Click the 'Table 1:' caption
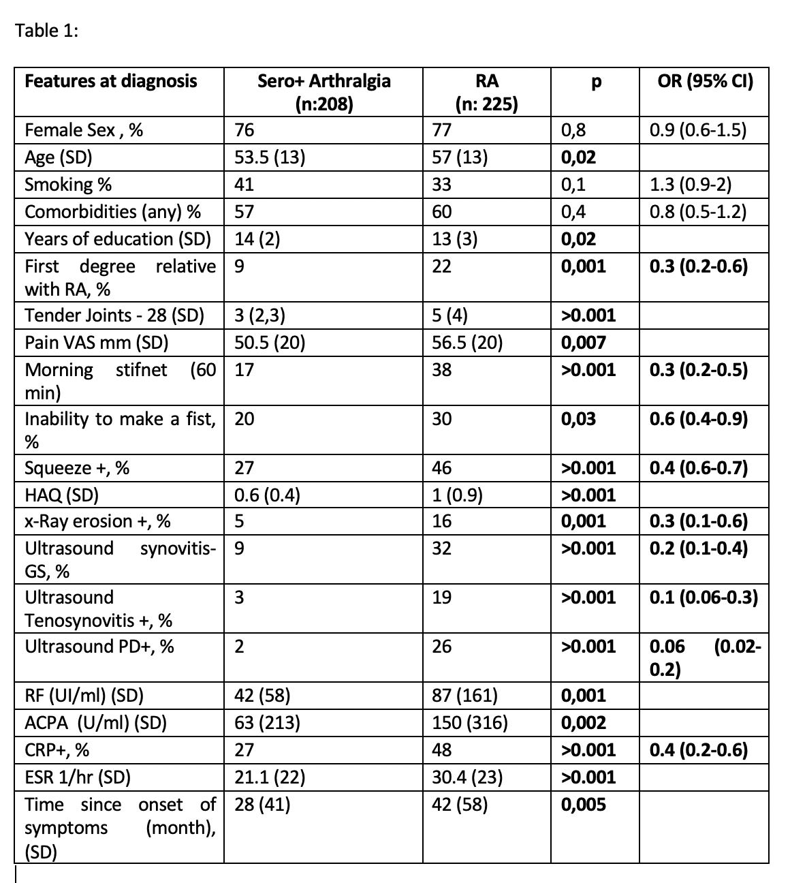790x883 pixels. (47, 31)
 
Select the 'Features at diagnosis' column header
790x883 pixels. (110, 82)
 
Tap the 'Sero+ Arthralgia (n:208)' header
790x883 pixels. (323, 92)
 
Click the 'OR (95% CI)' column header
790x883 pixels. (705, 82)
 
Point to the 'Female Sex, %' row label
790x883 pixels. (84, 130)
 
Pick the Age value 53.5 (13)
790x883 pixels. (270, 157)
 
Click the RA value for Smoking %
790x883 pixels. (441, 185)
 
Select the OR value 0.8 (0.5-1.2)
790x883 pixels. (698, 212)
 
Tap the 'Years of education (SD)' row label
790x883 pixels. (117, 239)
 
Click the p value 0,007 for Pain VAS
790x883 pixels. (583, 342)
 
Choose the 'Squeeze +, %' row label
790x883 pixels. (77, 468)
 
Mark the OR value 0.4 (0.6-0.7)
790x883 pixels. (698, 468)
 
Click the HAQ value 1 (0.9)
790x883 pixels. (458, 495)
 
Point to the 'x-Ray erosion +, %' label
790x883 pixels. (97, 521)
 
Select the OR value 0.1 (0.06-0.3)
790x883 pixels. (704, 598)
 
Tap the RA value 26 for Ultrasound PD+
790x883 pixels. (441, 647)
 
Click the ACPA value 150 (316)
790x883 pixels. (470, 723)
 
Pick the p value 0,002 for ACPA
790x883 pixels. (583, 723)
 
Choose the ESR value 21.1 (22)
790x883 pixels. (270, 777)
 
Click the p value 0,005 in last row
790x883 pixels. (583, 805)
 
